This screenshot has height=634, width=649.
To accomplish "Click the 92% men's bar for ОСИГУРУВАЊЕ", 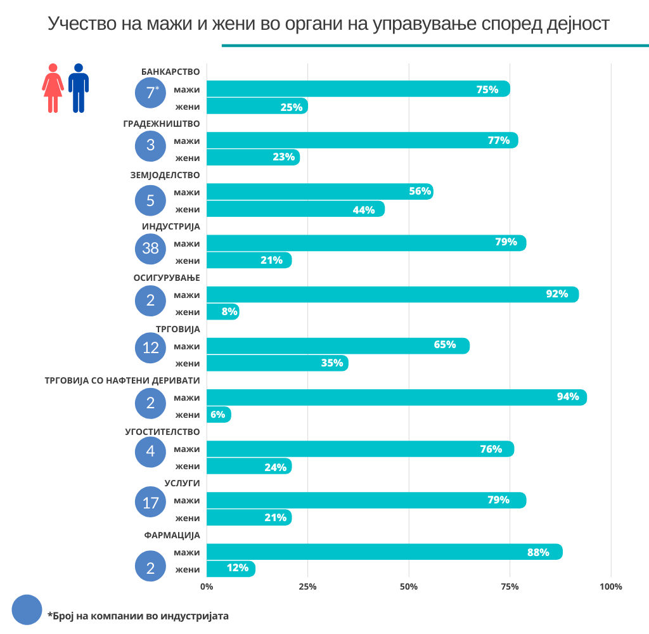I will pyautogui.click(x=392, y=294).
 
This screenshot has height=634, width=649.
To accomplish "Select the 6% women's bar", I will pyautogui.click(x=219, y=415).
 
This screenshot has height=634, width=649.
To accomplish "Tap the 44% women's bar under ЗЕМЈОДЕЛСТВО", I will pyautogui.click(x=295, y=209).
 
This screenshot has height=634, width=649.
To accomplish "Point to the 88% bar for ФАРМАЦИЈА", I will pyautogui.click(x=384, y=552).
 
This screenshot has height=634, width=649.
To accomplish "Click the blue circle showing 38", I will pyautogui.click(x=151, y=248).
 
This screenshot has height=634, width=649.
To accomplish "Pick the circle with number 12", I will pyautogui.click(x=151, y=347).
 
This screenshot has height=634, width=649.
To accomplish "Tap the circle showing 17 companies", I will pyautogui.click(x=151, y=503).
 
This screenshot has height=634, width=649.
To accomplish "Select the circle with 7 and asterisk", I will pyautogui.click(x=151, y=93).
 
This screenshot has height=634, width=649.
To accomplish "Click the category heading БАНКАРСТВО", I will pyautogui.click(x=170, y=72).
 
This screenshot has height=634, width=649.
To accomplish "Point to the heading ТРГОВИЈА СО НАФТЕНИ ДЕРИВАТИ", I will pyautogui.click(x=122, y=380).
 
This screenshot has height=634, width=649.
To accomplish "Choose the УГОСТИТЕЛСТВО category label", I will pyautogui.click(x=162, y=432).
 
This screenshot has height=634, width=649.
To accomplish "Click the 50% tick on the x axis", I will pyautogui.click(x=409, y=586).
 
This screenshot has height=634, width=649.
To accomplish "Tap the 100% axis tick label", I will pyautogui.click(x=611, y=586).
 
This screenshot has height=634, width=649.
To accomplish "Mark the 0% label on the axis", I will pyautogui.click(x=207, y=586).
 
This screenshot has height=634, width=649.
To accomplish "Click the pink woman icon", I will pyautogui.click(x=53, y=87).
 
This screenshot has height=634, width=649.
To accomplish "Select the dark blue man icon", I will pyautogui.click(x=79, y=87).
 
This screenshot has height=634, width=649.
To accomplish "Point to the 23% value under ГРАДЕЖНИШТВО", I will pyautogui.click(x=283, y=157).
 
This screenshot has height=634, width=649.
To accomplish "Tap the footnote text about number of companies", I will pyautogui.click(x=138, y=616).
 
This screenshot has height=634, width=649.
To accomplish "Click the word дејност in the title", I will pyautogui.click(x=576, y=24).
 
